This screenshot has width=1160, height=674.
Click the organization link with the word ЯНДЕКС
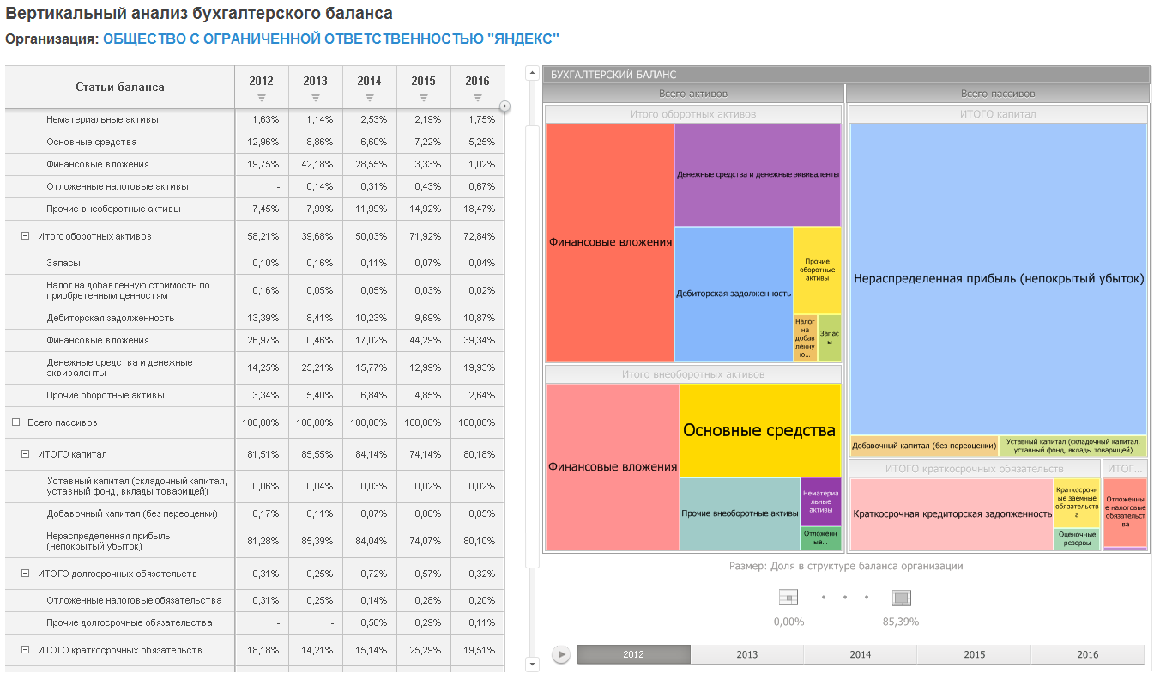[330, 39]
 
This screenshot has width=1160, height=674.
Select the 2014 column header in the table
[369, 82]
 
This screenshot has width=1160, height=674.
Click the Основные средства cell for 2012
[261, 142]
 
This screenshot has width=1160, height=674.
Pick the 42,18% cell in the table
[315, 164]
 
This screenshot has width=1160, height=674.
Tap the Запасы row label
[63, 263]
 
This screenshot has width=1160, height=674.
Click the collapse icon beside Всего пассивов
[15, 422]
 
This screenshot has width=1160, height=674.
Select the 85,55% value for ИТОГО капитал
[315, 454]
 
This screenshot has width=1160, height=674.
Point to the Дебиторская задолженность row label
[111, 318]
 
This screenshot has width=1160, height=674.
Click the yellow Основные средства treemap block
[759, 429]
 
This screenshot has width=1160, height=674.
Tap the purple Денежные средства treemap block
[758, 174]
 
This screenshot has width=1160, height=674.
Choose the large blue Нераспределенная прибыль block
[999, 278]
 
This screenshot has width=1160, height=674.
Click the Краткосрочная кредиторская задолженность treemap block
[952, 513]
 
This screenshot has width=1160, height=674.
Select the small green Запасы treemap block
[830, 338]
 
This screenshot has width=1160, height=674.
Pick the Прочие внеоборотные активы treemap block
[740, 513]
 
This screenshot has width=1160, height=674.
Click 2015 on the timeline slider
[974, 654]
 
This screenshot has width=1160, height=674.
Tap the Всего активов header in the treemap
[693, 94]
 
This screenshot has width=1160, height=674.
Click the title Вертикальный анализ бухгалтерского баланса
[199, 14]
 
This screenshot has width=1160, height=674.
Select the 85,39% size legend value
[901, 621]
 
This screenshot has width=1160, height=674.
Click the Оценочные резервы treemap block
[1076, 539]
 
